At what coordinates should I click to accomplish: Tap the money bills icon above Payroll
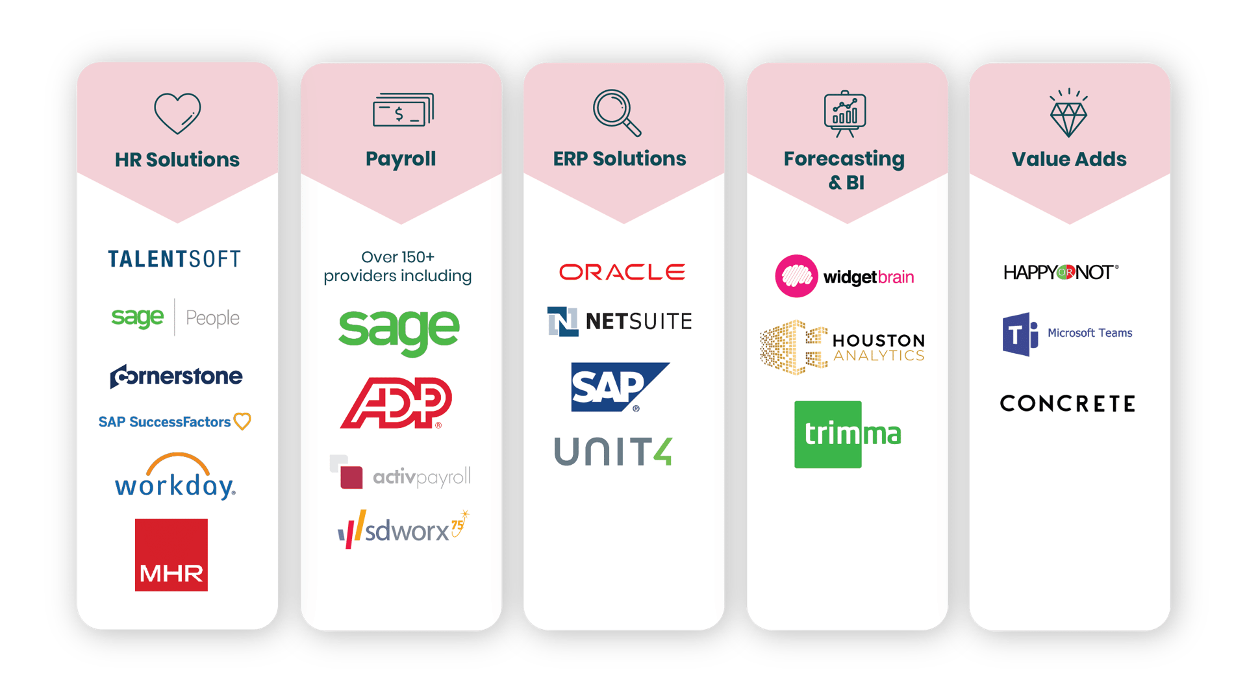click(x=403, y=110)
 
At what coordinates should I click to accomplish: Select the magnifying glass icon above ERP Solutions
click(x=616, y=112)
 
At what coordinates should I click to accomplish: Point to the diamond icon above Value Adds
click(x=1068, y=113)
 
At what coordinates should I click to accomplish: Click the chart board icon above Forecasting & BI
click(x=845, y=114)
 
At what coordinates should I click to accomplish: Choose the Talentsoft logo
click(x=174, y=259)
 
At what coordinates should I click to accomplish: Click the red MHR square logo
click(x=171, y=554)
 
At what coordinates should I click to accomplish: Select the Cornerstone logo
click(x=176, y=376)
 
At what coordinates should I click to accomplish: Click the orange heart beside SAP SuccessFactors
click(x=242, y=421)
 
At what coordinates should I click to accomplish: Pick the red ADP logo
click(x=396, y=403)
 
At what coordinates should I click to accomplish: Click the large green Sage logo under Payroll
click(x=399, y=332)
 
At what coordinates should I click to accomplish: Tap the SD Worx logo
click(x=403, y=529)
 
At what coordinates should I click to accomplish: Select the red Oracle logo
click(x=622, y=272)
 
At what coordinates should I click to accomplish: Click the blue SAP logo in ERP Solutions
click(x=620, y=387)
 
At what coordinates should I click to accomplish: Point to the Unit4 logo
click(x=613, y=451)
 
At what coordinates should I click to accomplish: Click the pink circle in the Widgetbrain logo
click(x=796, y=276)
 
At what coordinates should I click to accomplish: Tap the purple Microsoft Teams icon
click(x=1020, y=334)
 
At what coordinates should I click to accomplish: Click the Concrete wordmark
click(x=1068, y=403)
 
